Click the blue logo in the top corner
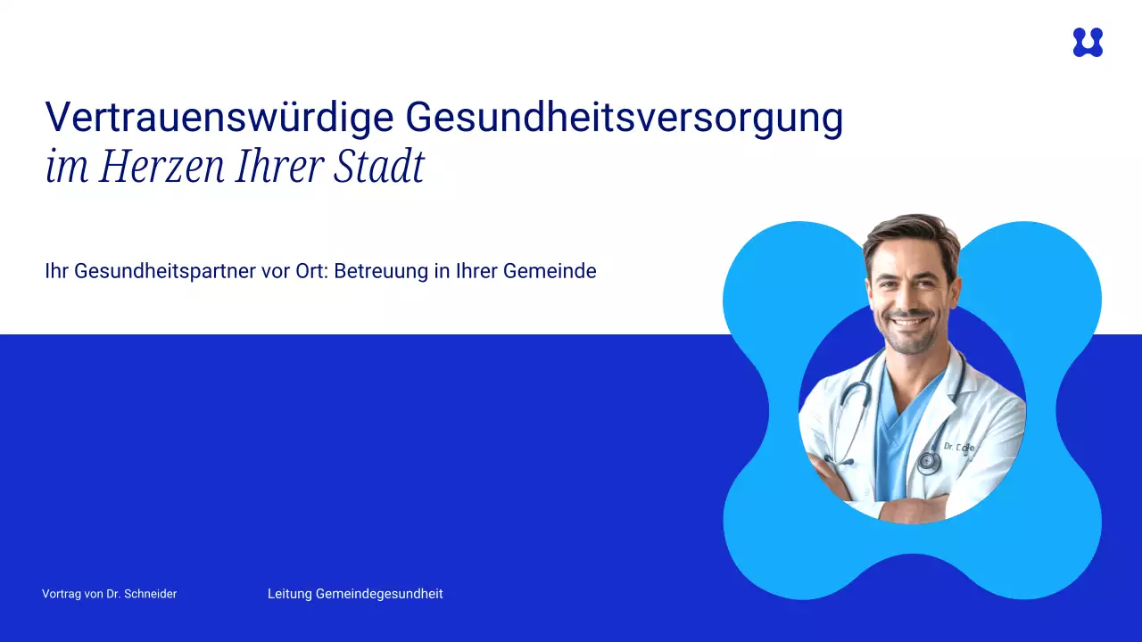click(1088, 42)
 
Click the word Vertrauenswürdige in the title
click(219, 117)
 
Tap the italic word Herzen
click(161, 166)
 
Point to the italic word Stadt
click(379, 166)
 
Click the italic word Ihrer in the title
click(279, 166)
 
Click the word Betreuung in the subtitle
click(381, 270)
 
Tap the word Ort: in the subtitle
click(312, 270)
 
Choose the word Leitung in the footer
click(290, 594)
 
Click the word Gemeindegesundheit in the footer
click(379, 594)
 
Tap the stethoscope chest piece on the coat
click(929, 462)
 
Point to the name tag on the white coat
click(959, 448)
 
